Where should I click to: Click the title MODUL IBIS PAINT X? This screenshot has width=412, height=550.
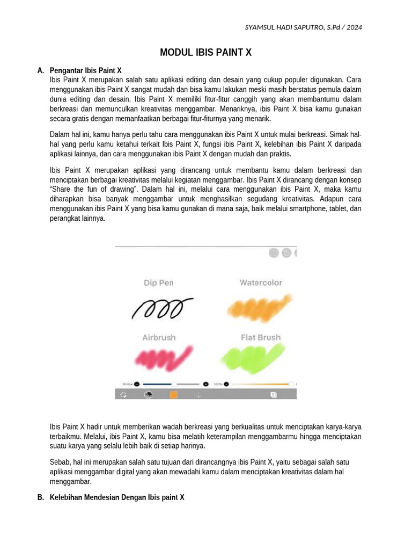click(x=205, y=53)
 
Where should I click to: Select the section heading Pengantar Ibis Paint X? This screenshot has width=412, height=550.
click(x=85, y=70)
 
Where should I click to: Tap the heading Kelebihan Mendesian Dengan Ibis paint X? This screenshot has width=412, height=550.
click(x=116, y=497)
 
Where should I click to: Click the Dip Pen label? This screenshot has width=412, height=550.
click(x=158, y=283)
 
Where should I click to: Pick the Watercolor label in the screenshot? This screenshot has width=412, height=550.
click(x=261, y=283)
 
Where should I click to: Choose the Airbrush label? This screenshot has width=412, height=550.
click(x=158, y=337)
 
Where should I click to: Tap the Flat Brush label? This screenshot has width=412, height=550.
click(x=261, y=337)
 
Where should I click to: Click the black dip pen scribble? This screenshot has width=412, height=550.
click(x=162, y=308)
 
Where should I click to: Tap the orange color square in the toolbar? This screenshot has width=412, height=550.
click(x=173, y=395)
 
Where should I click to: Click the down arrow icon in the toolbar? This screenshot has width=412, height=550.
click(x=198, y=395)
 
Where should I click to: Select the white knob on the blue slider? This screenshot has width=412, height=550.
click(x=173, y=384)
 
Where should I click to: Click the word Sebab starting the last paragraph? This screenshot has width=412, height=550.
click(x=59, y=462)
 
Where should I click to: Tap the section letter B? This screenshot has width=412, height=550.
click(x=40, y=497)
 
